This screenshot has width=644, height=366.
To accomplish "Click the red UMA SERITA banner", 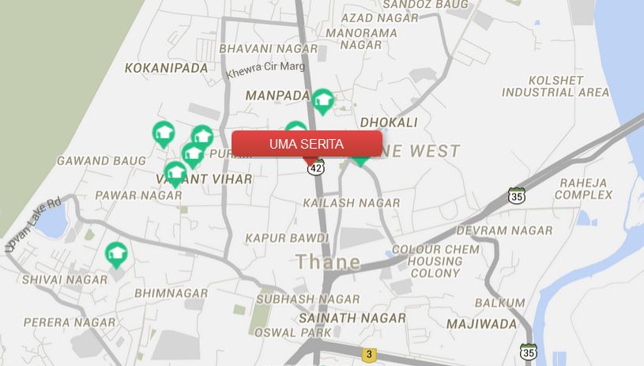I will (x=307, y=144).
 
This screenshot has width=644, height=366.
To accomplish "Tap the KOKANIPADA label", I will (x=166, y=68).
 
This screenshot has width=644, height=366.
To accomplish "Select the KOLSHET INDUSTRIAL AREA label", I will (x=555, y=87).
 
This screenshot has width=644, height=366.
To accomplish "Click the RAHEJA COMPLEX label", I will (x=586, y=188).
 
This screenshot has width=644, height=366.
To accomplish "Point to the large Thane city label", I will (x=328, y=262).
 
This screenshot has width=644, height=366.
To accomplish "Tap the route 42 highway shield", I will (x=316, y=168).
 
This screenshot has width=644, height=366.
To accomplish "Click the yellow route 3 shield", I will (x=367, y=354).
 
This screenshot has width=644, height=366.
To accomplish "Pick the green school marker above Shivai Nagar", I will (x=117, y=254).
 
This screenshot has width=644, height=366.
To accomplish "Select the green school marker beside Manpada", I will (x=322, y=100).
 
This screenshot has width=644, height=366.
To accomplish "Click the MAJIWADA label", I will (x=481, y=324).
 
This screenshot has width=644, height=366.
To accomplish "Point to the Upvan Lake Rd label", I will (x=33, y=225).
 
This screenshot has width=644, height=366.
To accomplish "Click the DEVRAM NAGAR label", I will (x=515, y=230).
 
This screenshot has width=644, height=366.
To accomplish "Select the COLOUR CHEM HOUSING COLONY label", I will (x=435, y=261).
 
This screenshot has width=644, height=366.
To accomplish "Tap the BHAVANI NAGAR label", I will (x=268, y=49).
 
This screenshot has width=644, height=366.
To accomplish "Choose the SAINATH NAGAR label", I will (x=352, y=318).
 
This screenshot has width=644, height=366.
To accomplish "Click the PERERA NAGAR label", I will (x=70, y=323).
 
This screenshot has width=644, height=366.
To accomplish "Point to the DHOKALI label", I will (x=388, y=123).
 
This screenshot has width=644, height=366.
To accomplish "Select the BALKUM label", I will (x=499, y=303).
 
